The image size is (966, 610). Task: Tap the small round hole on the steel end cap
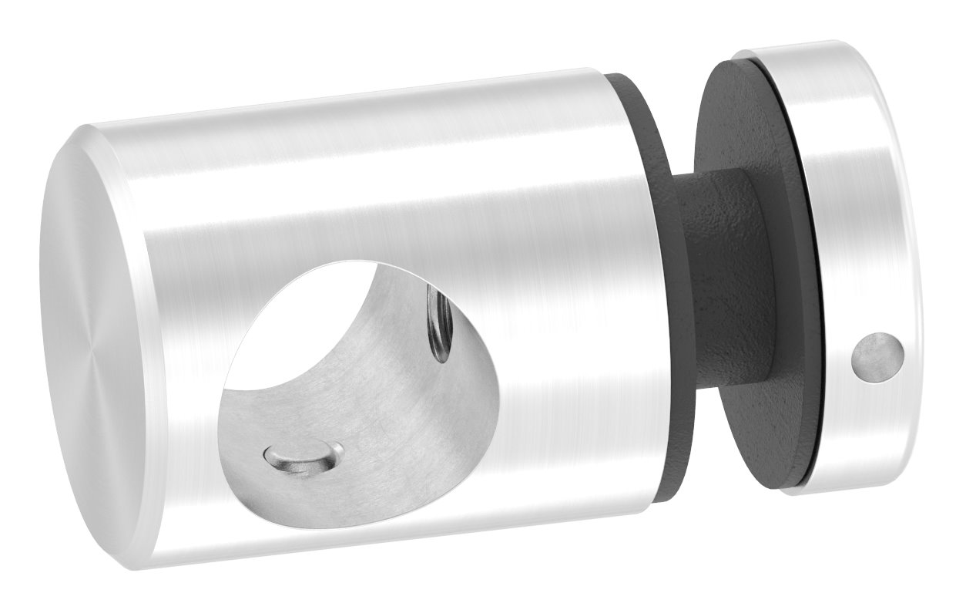(877, 356)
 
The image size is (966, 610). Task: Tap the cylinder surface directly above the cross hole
(370, 193)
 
